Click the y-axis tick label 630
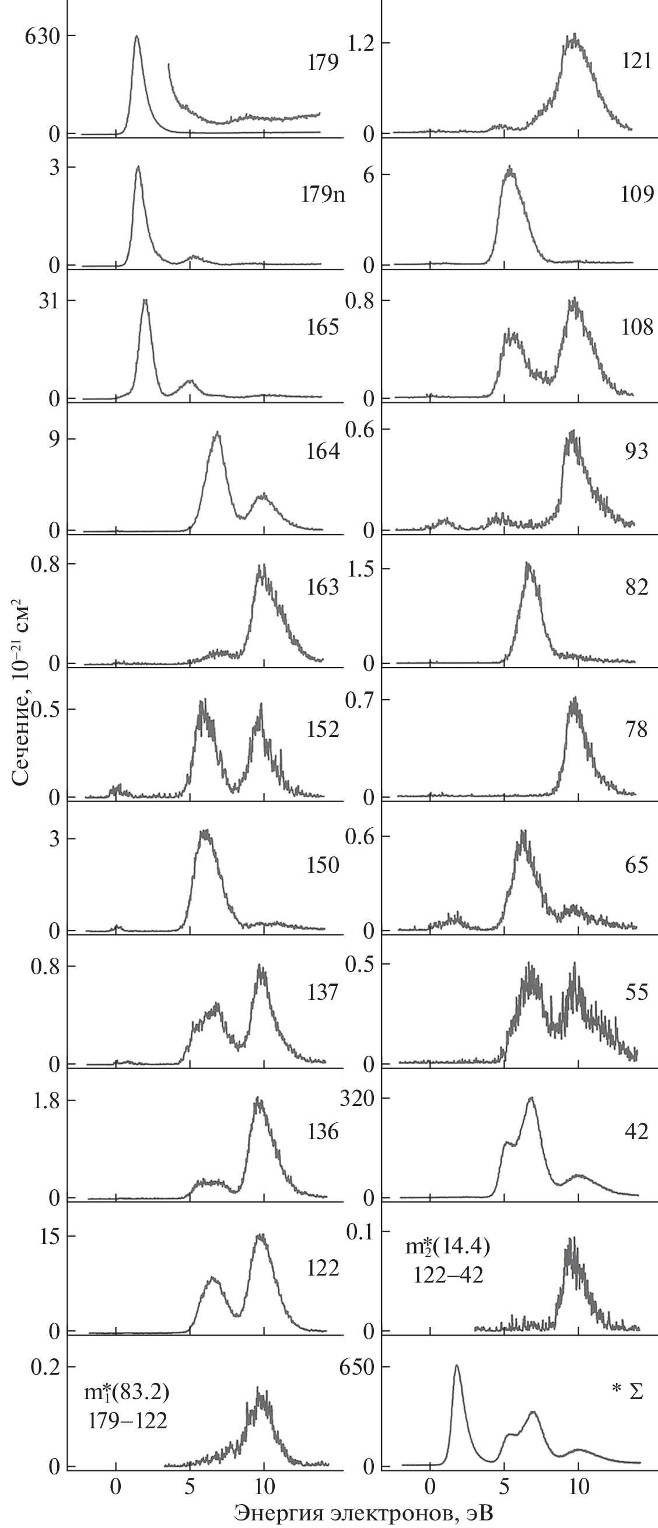point(41,37)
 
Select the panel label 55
point(636,992)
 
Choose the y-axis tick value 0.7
point(360,701)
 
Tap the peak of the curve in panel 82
point(527,565)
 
